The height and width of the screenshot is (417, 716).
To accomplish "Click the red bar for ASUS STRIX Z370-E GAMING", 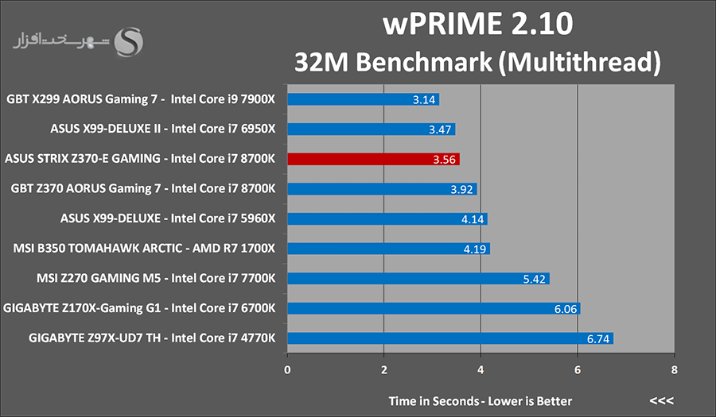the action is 374,159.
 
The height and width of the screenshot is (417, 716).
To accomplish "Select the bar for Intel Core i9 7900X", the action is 363,99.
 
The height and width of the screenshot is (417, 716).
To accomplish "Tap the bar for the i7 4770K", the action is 450,338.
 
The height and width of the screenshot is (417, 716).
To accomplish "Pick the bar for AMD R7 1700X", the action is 388,249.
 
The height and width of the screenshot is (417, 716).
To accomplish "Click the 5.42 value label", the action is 535,279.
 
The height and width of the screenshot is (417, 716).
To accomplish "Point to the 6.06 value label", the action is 566,309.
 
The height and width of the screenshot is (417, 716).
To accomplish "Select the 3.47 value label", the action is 440,129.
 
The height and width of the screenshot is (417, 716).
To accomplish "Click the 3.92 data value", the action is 461,189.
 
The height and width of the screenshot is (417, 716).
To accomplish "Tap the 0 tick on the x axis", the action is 287,369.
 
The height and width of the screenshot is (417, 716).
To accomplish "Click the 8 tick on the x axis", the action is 675,369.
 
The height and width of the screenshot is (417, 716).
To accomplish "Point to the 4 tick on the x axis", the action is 481,369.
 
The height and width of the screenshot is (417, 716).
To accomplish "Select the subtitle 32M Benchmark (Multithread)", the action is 477,62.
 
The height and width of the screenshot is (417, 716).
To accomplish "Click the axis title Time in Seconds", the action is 433,401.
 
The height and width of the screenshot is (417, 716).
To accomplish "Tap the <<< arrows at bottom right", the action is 662,401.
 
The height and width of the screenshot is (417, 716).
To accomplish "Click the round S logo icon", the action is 128,42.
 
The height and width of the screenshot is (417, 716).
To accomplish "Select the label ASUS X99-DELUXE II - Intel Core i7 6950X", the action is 163,129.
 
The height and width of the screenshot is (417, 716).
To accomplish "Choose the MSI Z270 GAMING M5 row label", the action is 156,278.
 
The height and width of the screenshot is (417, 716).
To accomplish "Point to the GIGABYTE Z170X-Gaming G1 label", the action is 139,308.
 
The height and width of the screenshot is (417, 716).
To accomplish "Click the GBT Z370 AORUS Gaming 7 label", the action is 143,189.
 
